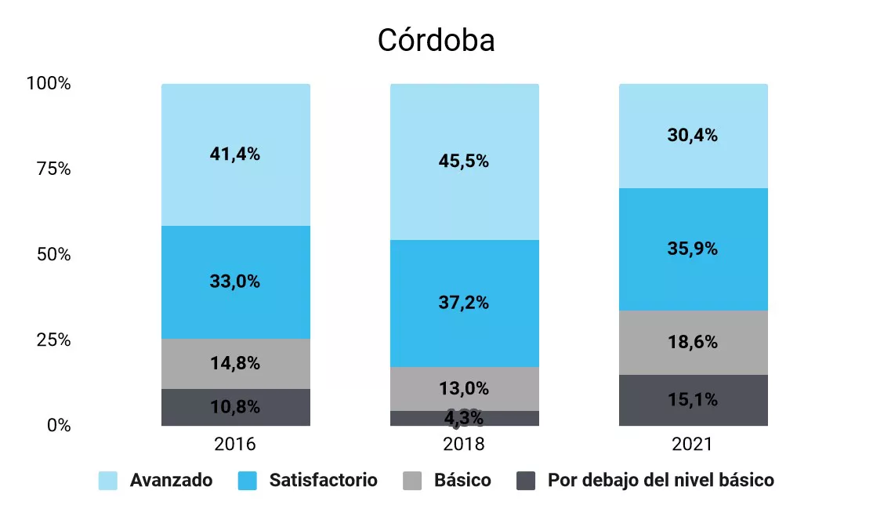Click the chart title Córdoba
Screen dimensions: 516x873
click(436, 40)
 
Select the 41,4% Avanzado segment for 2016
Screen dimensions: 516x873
click(235, 154)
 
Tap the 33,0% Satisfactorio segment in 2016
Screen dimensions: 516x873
click(235, 282)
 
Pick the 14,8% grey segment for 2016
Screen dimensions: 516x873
click(235, 363)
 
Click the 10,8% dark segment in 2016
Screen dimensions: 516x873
click(235, 407)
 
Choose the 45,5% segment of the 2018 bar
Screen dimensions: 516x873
click(464, 162)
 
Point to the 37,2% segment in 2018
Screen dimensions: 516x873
click(464, 303)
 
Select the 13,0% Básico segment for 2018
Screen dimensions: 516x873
click(464, 388)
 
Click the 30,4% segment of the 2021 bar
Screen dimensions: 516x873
click(693, 136)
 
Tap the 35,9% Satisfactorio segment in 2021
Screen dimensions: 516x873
click(693, 249)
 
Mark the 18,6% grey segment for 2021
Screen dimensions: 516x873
click(693, 343)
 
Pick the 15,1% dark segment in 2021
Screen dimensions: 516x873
click(693, 400)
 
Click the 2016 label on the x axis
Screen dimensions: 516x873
click(235, 445)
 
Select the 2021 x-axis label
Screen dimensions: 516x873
click(693, 445)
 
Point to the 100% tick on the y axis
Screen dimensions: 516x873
click(49, 83)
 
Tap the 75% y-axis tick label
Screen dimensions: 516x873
click(53, 169)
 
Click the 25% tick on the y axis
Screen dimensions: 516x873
click(53, 340)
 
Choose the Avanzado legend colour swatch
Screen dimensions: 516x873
click(108, 481)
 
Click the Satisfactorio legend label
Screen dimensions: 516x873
click(323, 481)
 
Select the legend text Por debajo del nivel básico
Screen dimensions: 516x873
click(661, 481)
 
